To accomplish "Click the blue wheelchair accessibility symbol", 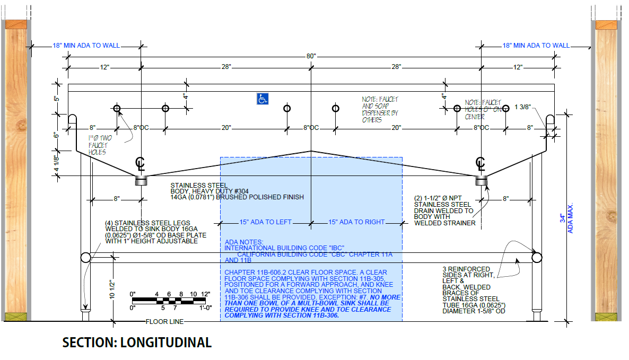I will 263,99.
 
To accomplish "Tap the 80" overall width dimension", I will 311,56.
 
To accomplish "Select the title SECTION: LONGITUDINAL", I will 137,343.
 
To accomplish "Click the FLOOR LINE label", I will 165,321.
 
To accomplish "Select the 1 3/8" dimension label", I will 523,108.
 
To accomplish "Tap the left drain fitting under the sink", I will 141,180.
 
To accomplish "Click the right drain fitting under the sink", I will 481,181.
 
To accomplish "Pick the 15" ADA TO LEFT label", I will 265,222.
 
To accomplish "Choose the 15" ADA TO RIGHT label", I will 356,222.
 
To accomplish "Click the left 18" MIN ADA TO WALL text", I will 86,46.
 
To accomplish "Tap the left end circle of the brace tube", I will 85,258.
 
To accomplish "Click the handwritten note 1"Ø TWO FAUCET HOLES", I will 99,145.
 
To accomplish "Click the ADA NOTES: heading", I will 241,241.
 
